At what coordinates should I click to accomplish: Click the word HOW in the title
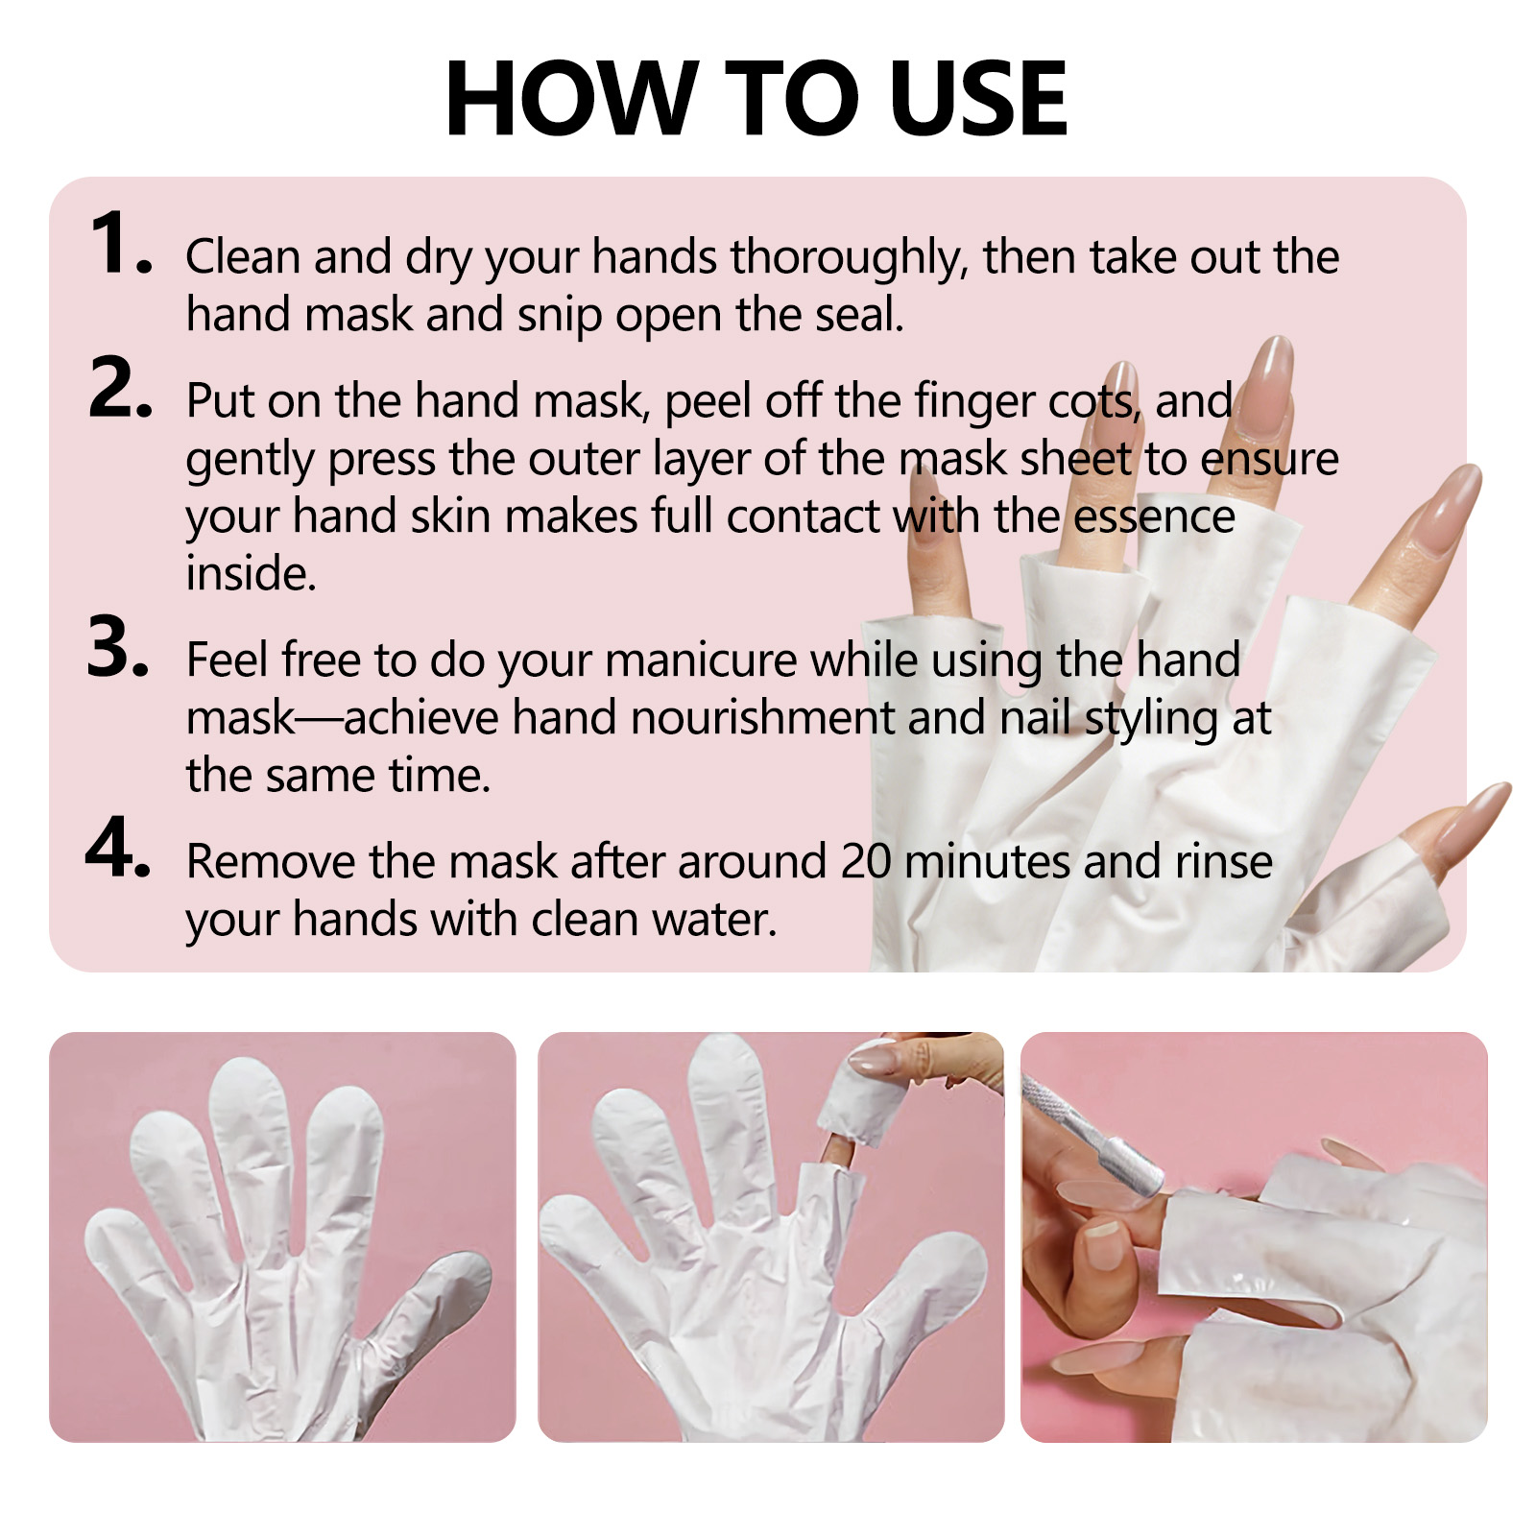coord(571,98)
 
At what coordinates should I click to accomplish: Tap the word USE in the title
coord(978,98)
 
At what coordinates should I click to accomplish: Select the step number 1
coord(119,243)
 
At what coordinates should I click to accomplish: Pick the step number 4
coord(118,848)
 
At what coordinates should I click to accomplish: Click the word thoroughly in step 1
coord(849,259)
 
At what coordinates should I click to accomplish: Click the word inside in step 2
coord(251,573)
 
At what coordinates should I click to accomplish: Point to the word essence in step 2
coord(1154,516)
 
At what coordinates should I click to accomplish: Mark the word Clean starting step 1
coord(243,257)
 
